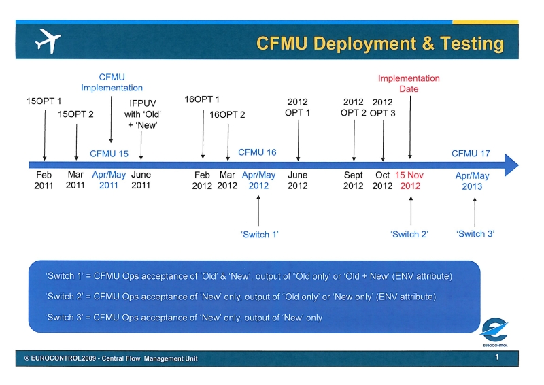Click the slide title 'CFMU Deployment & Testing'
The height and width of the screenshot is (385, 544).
380,44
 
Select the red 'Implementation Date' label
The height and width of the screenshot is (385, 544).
409,83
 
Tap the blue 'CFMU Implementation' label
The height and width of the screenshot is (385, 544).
112,82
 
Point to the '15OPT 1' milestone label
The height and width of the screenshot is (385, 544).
44,101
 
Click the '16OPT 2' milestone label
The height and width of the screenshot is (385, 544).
227,114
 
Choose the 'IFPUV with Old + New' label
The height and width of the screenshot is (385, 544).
142,115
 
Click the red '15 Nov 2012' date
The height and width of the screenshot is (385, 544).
410,180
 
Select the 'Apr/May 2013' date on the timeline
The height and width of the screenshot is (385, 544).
472,181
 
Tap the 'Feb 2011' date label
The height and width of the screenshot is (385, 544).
44,180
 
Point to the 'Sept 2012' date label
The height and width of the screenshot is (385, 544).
353,180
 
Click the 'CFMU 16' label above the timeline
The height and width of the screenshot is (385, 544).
257,152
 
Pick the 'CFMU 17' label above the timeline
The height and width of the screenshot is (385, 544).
471,153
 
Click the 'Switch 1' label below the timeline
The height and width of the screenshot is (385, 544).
260,234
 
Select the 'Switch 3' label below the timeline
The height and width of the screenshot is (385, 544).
475,233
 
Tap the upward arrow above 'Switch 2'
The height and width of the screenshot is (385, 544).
411,210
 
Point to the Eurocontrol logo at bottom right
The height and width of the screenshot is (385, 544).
494,332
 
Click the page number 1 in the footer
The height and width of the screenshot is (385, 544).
497,357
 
